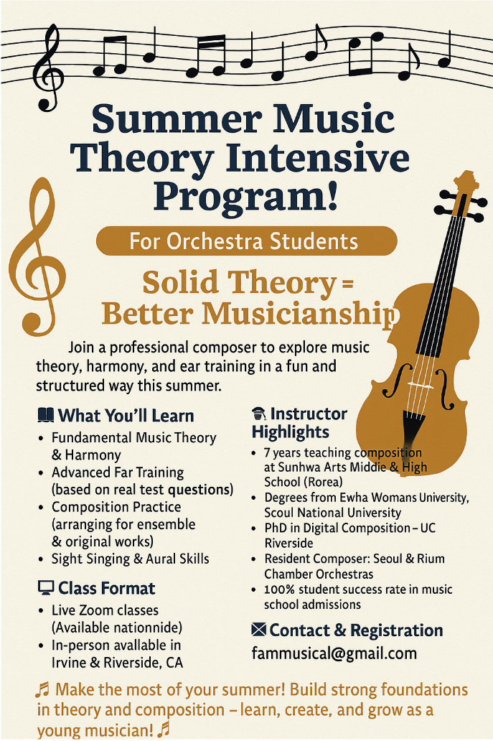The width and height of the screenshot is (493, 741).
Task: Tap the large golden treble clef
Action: (x=37, y=258)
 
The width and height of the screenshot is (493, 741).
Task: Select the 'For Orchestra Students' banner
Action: (x=247, y=241)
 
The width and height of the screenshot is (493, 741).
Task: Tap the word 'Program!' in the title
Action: (x=245, y=196)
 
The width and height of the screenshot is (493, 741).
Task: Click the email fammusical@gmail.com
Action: (x=334, y=653)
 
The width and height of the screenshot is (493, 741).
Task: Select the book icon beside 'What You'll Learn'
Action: (x=45, y=416)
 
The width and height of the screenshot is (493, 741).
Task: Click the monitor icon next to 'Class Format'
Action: (x=45, y=588)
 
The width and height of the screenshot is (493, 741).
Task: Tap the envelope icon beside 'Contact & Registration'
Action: (x=258, y=630)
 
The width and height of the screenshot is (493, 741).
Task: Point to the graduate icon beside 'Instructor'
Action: (x=259, y=414)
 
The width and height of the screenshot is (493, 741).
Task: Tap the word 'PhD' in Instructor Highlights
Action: (x=275, y=528)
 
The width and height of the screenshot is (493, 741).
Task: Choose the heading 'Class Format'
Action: (x=106, y=588)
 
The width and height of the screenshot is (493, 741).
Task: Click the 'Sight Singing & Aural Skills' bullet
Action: (x=131, y=559)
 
